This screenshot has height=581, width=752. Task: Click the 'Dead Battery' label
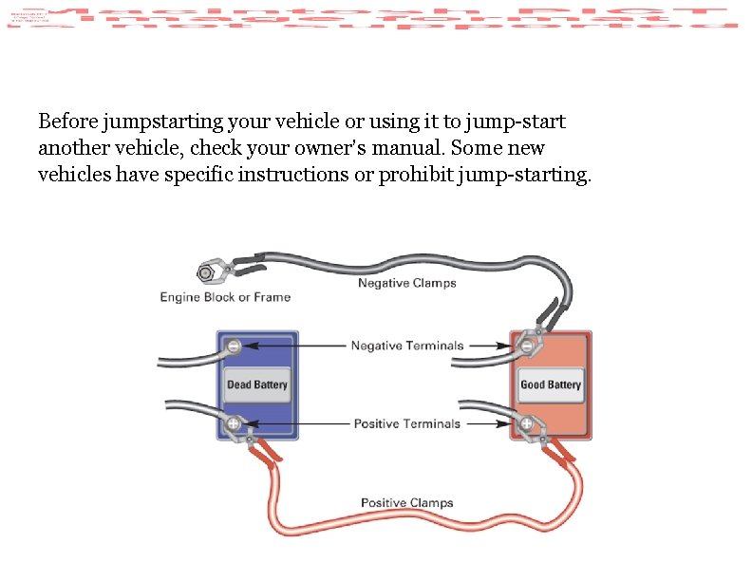pyautogui.click(x=256, y=385)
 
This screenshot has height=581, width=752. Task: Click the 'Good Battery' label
pyautogui.click(x=550, y=385)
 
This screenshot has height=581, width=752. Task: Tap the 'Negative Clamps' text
pyautogui.click(x=406, y=283)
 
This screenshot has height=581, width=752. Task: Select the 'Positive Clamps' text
pyautogui.click(x=406, y=503)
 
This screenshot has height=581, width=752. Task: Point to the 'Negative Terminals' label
pyautogui.click(x=407, y=346)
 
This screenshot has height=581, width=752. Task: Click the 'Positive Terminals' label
pyautogui.click(x=407, y=423)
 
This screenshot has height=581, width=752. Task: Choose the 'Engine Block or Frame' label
pyautogui.click(x=225, y=297)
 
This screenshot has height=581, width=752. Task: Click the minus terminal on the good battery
pyautogui.click(x=527, y=347)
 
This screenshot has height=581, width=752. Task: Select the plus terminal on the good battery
pyautogui.click(x=526, y=423)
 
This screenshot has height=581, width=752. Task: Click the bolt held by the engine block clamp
pyautogui.click(x=204, y=273)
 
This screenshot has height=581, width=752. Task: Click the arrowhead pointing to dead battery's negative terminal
pyautogui.click(x=248, y=347)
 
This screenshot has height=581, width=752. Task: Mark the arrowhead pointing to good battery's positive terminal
pyautogui.click(x=513, y=423)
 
